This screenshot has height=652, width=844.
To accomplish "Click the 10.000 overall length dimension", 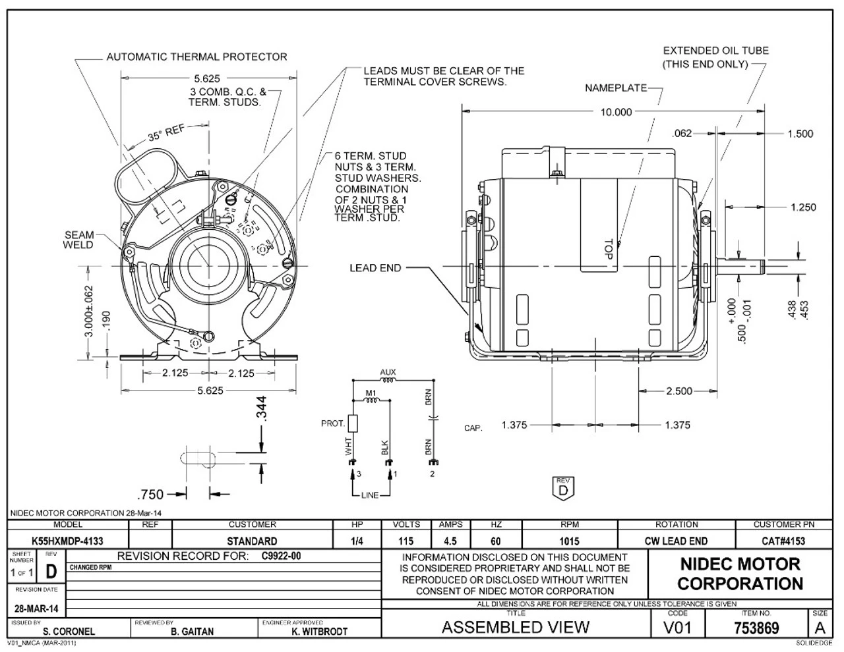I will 615,112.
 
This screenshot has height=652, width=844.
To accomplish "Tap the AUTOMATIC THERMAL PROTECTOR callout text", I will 196,57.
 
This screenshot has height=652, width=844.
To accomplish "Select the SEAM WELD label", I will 78,240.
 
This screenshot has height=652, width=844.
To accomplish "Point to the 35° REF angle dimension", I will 166,134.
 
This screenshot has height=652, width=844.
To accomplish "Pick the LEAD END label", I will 375,268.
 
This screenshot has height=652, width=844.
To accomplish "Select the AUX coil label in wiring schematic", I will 388,373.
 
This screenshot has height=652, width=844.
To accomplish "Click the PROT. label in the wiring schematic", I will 333,423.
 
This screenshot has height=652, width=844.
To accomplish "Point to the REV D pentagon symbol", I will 562,488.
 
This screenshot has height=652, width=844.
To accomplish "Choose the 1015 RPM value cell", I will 569,541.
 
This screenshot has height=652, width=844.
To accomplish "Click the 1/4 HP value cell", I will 357,541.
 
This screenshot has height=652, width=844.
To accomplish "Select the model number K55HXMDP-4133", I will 68,541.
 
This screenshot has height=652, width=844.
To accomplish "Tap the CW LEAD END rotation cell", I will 677,541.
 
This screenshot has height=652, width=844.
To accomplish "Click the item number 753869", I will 756,628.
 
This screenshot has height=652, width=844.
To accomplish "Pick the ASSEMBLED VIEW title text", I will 515,627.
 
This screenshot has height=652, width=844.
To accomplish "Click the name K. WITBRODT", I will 319,631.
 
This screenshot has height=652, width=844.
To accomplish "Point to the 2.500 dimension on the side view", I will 679,391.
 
